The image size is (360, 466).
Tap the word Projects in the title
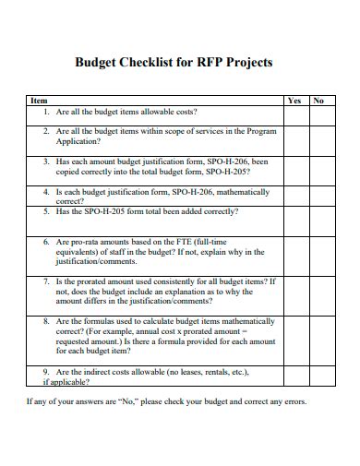(x=246, y=65)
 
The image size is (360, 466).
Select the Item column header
(x=39, y=100)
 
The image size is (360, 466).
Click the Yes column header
(x=294, y=100)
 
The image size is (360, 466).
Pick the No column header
(x=318, y=100)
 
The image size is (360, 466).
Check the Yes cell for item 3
(x=294, y=168)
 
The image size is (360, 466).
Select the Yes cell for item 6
(x=294, y=251)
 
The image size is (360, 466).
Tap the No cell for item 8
(x=318, y=337)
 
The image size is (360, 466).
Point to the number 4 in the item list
(x=46, y=192)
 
